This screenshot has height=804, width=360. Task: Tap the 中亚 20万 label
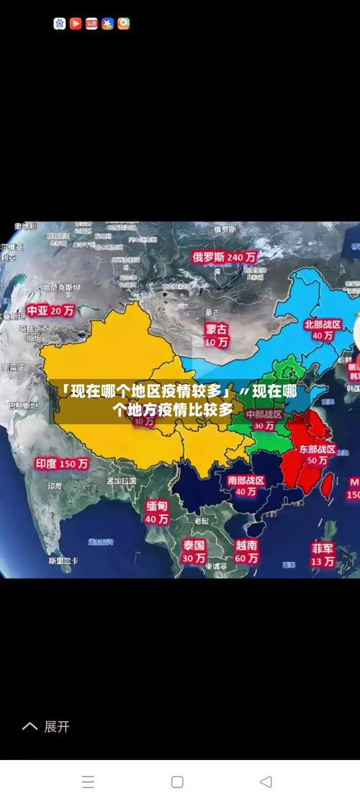click(50, 311)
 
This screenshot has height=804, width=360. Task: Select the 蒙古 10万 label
click(216, 336)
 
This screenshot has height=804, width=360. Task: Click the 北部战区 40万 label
click(322, 329)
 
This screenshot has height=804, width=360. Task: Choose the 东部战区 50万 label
click(318, 454)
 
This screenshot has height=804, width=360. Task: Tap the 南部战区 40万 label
click(246, 486)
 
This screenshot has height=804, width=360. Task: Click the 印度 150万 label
click(62, 463)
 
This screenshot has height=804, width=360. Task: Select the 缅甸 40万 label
click(157, 512)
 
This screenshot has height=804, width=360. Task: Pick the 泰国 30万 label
click(193, 551)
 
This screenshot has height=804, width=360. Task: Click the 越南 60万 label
click(246, 551)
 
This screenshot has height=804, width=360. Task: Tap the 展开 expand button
click(47, 726)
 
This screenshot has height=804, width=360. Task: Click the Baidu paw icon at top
click(60, 24)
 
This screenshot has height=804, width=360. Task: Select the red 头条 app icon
click(91, 24)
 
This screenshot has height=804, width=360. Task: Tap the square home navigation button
click(177, 782)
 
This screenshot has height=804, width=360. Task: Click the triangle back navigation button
click(266, 782)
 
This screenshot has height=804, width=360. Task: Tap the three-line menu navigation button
click(88, 782)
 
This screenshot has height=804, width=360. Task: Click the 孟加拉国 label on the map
click(121, 481)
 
